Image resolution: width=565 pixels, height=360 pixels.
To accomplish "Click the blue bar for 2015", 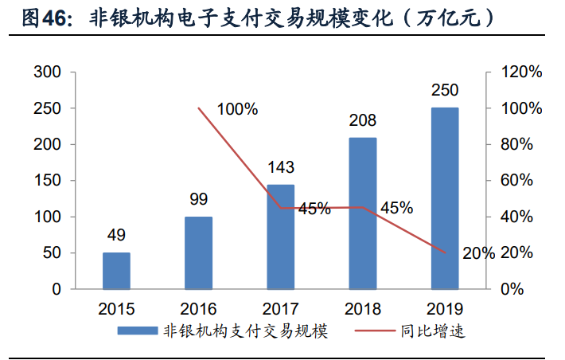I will tap(116, 271).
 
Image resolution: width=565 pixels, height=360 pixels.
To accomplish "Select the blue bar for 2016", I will tap(198, 252).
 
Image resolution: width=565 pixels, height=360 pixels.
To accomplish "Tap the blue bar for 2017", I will tap(280, 237).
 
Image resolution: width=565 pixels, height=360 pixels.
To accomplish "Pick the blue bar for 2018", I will tap(363, 213).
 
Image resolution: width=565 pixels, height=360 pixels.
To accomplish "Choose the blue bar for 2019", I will tap(445, 198).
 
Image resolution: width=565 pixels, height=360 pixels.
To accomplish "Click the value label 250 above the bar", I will tap(445, 91).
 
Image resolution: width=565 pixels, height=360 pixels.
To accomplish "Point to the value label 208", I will tap(363, 121).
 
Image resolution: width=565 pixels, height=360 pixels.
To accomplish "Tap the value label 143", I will tap(280, 167).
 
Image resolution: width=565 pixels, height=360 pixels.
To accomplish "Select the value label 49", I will tap(116, 236).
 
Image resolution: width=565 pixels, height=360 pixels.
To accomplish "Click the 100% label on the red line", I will tap(237, 109).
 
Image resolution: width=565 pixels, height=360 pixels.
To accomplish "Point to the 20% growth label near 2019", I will tap(478, 253).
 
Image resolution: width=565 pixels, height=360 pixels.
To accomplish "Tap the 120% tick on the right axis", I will tap(522, 72).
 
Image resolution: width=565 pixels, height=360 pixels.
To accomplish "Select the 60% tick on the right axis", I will tap(518, 181).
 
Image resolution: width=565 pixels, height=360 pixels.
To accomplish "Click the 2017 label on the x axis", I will tap(280, 309).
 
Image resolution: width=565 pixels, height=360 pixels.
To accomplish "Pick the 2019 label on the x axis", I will tap(445, 309).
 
